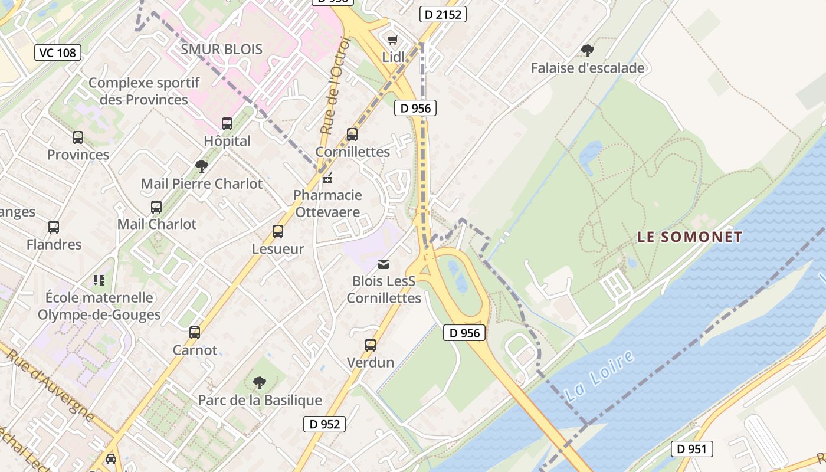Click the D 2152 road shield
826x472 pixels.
(443, 14)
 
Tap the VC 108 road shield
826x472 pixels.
(57, 53)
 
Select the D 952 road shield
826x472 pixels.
(324, 424)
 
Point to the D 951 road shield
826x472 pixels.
(691, 449)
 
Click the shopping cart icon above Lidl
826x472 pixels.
(393, 40)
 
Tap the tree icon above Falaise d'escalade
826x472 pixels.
(587, 50)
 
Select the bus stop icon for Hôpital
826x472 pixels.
(227, 123)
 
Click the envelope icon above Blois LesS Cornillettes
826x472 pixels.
(383, 264)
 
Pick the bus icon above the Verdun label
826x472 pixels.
(371, 345)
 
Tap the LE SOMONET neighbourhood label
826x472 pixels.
(689, 237)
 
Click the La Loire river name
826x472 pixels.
(599, 378)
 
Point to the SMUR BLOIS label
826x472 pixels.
(221, 49)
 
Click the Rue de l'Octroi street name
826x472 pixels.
(336, 86)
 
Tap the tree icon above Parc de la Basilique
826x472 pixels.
(260, 383)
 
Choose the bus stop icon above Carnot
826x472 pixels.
(195, 332)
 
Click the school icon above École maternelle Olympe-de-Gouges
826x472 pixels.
(99, 280)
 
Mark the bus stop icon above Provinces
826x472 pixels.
(78, 137)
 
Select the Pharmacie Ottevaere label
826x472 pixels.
(327, 203)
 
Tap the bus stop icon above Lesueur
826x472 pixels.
(278, 231)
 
